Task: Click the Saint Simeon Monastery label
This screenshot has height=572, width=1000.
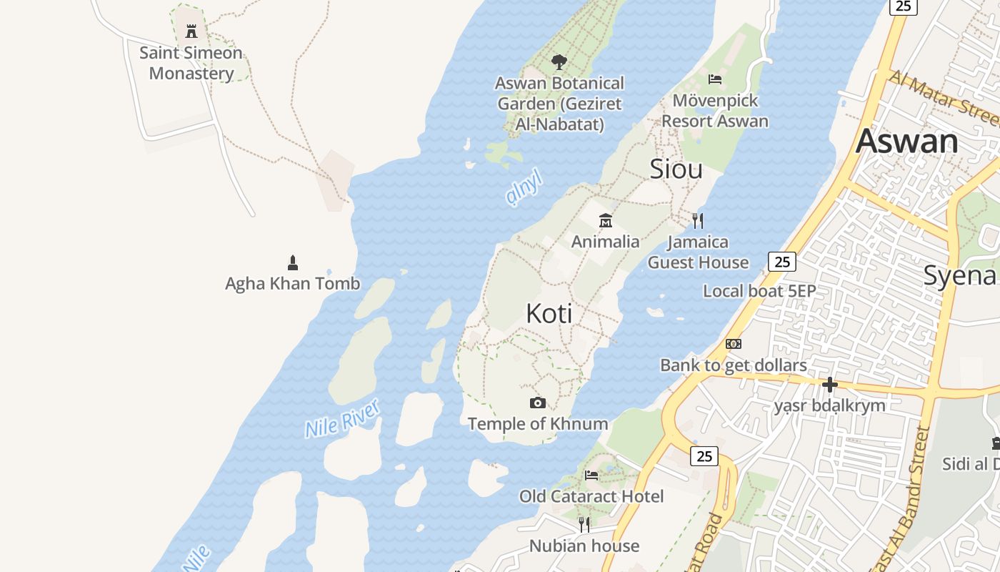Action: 191,63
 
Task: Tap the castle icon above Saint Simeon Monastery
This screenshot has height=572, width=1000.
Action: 191,31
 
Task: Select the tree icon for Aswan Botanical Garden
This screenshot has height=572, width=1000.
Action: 559,62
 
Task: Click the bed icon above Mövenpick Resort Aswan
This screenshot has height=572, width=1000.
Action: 715,79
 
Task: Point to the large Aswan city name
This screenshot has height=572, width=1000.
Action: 907,140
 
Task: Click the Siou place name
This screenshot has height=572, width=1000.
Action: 676,169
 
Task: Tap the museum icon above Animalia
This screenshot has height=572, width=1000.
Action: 606,220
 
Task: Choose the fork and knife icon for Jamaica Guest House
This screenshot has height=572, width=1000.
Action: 698,220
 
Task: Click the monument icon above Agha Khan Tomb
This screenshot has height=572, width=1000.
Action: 292,262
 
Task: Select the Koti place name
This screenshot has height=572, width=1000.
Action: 549,313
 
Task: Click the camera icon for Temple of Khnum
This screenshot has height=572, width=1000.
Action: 538,403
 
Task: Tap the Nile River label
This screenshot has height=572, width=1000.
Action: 342,419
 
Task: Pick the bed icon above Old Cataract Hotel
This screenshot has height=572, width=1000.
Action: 591,475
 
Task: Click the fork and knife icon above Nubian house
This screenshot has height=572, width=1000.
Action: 584,525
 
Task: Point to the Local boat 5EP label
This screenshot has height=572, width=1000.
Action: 759,291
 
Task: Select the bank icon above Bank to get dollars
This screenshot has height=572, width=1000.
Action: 734,344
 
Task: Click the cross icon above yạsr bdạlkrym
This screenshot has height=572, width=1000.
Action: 829,385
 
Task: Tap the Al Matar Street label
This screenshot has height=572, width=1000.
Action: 943,97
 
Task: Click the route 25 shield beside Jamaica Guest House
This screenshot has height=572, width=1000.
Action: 782,262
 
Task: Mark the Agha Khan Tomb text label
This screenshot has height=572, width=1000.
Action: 292,284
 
